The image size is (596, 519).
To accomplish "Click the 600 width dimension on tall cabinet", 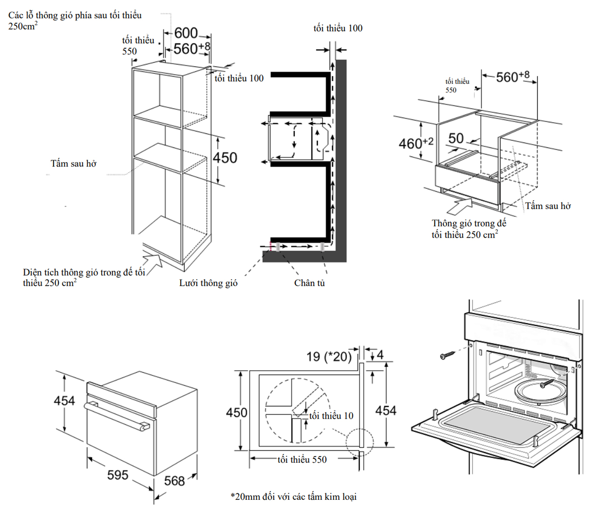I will click(x=186, y=33).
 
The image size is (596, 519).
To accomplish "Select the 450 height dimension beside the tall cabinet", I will click(x=225, y=157).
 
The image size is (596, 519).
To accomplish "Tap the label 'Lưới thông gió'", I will click(x=208, y=283).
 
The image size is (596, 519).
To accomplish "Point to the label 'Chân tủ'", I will click(x=309, y=283).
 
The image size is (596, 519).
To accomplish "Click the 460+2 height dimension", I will click(x=416, y=143).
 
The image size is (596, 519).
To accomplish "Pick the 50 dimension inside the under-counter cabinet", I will click(x=456, y=138).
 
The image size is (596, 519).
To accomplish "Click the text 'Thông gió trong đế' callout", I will click(x=469, y=223).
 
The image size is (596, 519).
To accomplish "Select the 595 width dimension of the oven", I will click(x=118, y=475).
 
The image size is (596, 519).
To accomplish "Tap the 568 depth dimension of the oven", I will click(x=175, y=481).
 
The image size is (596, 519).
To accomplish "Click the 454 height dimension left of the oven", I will click(x=64, y=400).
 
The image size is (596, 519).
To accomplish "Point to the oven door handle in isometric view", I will click(x=117, y=416).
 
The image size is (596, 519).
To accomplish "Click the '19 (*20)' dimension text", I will click(x=329, y=357).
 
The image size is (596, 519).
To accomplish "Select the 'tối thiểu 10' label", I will click(x=331, y=416).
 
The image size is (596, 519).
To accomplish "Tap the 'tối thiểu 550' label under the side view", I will click(x=302, y=459).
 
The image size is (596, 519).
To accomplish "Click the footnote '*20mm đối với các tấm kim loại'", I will click(x=294, y=496).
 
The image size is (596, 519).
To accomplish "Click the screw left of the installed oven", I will click(x=447, y=355).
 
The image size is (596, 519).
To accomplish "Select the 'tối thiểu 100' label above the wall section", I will click(x=338, y=28).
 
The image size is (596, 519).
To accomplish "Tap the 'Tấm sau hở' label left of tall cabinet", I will click(x=73, y=164).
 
